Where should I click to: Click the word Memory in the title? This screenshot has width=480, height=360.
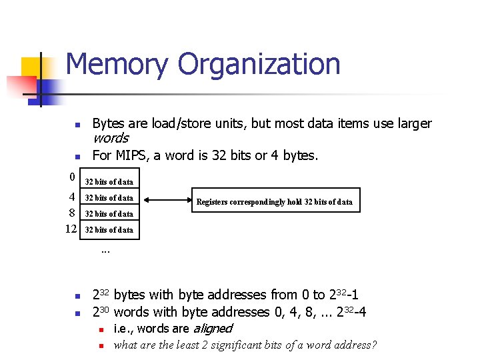tap(117, 65)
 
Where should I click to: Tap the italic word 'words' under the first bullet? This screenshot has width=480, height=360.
tap(110, 138)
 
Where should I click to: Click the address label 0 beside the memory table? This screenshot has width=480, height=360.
tap(71, 177)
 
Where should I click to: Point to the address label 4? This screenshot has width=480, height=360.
tap(71, 197)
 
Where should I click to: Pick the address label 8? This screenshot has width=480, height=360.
tap(71, 213)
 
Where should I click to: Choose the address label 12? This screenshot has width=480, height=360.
tap(71, 229)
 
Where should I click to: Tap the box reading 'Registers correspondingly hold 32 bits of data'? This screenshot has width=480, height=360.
tap(273, 202)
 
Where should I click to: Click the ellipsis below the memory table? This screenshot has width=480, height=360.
tap(105, 251)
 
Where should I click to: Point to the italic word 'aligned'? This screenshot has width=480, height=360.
tap(212, 328)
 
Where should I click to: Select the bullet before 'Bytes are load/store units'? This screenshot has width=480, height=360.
tap(77, 125)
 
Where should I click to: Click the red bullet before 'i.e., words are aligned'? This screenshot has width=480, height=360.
tap(99, 329)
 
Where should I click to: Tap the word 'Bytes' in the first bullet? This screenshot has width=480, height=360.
tap(107, 123)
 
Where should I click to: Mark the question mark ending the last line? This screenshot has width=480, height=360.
tap(375, 345)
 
